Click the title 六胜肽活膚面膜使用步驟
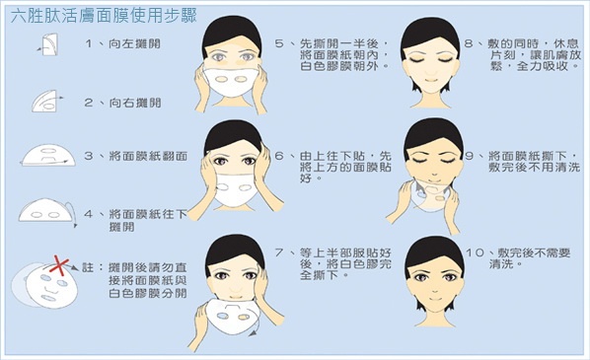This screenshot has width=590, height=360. point(104,16)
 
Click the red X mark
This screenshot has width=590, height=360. point(59,265)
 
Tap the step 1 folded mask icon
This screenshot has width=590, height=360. point(49,44)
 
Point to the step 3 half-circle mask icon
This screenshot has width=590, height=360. point(47,156)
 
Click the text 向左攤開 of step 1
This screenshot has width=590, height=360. point(134,43)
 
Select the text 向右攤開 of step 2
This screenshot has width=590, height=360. point(135,103)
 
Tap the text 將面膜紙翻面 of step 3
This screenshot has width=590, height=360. point(148,156)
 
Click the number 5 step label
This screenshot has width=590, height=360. point(279,43)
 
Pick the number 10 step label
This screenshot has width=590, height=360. point(475,252)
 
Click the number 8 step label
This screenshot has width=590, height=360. point(469,43)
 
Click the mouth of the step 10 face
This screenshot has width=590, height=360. point(434,299)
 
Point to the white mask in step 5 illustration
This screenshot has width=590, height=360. point(231,82)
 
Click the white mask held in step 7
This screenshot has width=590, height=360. point(230,316)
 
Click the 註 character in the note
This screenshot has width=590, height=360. point(88,267)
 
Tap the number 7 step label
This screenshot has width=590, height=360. point(279,252)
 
